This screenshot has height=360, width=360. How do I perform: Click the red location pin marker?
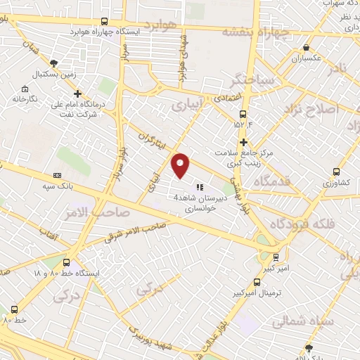[181, 165]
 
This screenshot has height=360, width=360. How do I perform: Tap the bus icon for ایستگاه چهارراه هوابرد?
[105, 22]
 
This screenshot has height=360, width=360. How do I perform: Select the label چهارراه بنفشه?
[256, 32]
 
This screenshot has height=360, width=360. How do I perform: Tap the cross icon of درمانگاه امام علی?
[77, 93]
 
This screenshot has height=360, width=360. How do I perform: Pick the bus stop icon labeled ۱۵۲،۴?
[243, 114]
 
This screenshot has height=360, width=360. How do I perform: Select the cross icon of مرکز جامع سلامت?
[243, 142]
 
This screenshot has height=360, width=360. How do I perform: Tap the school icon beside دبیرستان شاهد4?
[200, 187]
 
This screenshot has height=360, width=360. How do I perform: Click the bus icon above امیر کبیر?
[276, 257]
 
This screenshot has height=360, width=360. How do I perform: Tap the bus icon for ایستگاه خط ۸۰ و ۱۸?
[66, 260]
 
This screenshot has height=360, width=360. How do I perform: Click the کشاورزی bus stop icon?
[336, 172]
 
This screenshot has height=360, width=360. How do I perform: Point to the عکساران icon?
[305, 48]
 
